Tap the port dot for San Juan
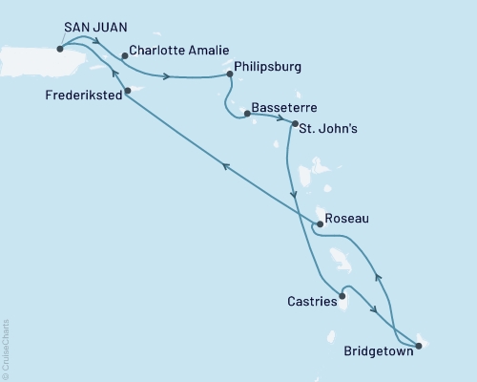(x=60, y=49)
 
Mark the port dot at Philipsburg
(x=229, y=75)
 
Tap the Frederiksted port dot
(x=128, y=92)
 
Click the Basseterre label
(x=284, y=110)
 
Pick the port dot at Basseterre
(x=247, y=114)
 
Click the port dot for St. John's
(x=294, y=125)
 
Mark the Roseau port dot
(x=320, y=225)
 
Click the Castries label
(x=311, y=302)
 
